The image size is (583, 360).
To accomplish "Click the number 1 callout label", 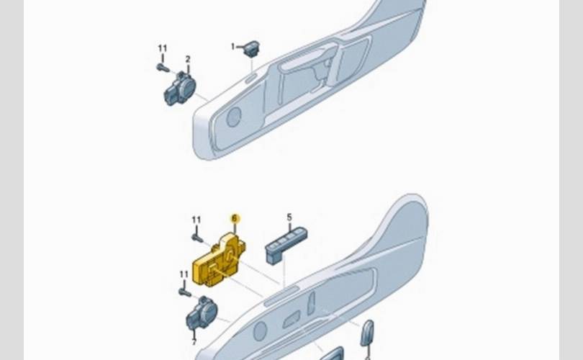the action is coord(233,47).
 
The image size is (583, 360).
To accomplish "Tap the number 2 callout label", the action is coord(188,59).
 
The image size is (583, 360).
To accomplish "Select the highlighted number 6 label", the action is coord(234,218).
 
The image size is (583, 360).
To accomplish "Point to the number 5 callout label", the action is coord(289,217).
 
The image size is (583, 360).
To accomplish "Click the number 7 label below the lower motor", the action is coord(194,343).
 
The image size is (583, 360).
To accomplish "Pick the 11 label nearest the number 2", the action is coord(163,48).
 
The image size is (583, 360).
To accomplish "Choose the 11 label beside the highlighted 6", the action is coord(196,220).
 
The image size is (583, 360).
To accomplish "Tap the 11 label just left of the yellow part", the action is coord(184,274).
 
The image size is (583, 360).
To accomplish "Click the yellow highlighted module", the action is coord(219,261).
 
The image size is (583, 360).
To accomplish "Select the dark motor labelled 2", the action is coord(180,89).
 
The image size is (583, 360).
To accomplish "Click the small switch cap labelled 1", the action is coord(252,49).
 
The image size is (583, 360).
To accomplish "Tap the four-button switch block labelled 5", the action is coord(286,245).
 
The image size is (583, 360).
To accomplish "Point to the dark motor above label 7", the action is coord(202,313).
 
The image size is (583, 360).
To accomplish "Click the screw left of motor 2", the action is coord(163,68).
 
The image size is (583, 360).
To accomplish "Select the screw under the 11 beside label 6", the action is coord(196,238).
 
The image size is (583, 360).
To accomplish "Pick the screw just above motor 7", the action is coord(184,292).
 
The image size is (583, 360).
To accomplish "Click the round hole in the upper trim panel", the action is coord(234,117).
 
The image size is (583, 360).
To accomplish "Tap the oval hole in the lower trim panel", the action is coord(260,331).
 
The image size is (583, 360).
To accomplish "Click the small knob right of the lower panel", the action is coord(367,333).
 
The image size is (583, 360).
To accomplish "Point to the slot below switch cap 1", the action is coord(250,78).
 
